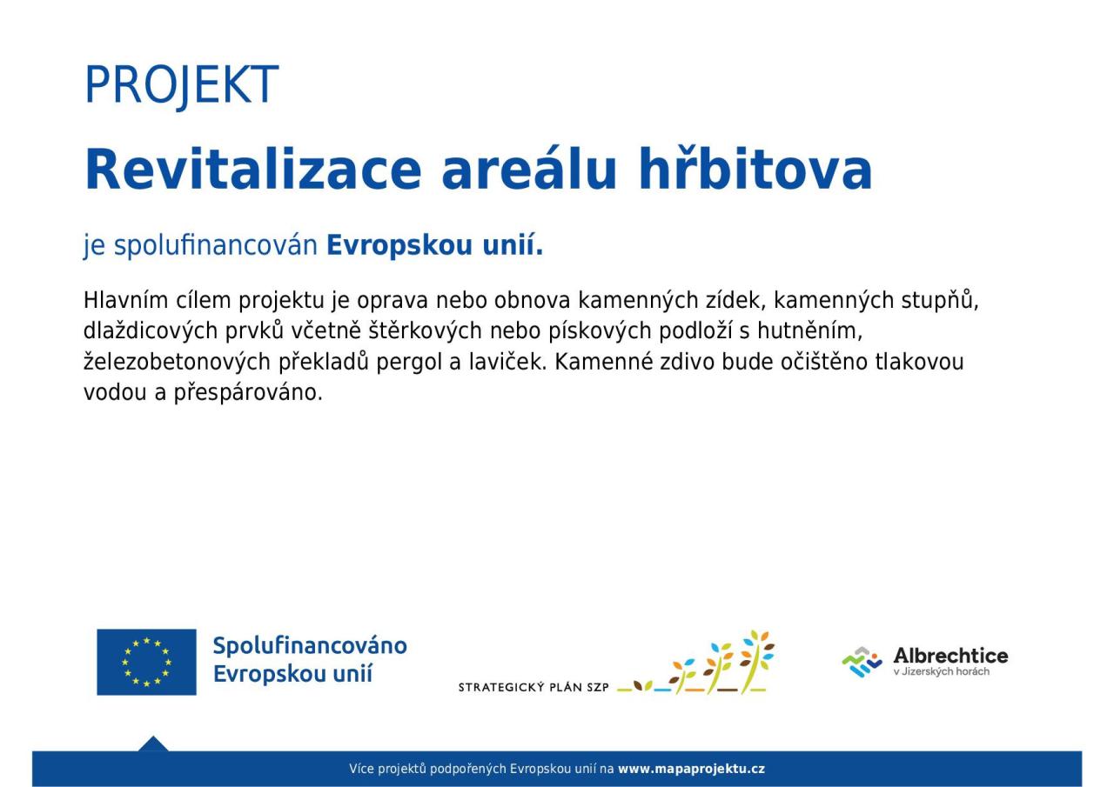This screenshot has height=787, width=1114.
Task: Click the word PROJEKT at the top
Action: (182, 84)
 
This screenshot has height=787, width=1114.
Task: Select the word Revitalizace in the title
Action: (253, 169)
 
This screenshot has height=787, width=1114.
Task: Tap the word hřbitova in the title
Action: (755, 169)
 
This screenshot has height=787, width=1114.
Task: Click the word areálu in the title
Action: (529, 169)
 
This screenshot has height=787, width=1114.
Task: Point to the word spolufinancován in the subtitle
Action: (216, 245)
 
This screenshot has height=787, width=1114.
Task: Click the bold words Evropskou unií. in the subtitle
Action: (434, 245)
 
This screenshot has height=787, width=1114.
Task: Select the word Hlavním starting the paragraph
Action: (126, 300)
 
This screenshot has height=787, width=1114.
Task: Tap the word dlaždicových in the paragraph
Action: (151, 331)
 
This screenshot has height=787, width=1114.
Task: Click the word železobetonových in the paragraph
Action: (177, 362)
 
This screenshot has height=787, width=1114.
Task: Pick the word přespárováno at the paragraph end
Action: (248, 393)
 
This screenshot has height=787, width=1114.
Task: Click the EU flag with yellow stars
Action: (147, 662)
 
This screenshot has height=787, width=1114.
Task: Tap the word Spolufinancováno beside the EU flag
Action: (310, 646)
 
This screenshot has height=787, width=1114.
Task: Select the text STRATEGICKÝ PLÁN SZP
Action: (534, 688)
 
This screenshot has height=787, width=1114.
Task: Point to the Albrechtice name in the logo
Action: (951, 656)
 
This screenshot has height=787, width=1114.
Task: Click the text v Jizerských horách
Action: (942, 671)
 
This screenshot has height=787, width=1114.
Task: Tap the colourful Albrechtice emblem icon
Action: (862, 662)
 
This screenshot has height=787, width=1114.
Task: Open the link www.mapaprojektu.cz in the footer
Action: (691, 769)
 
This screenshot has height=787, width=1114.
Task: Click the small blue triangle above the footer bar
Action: (153, 744)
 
